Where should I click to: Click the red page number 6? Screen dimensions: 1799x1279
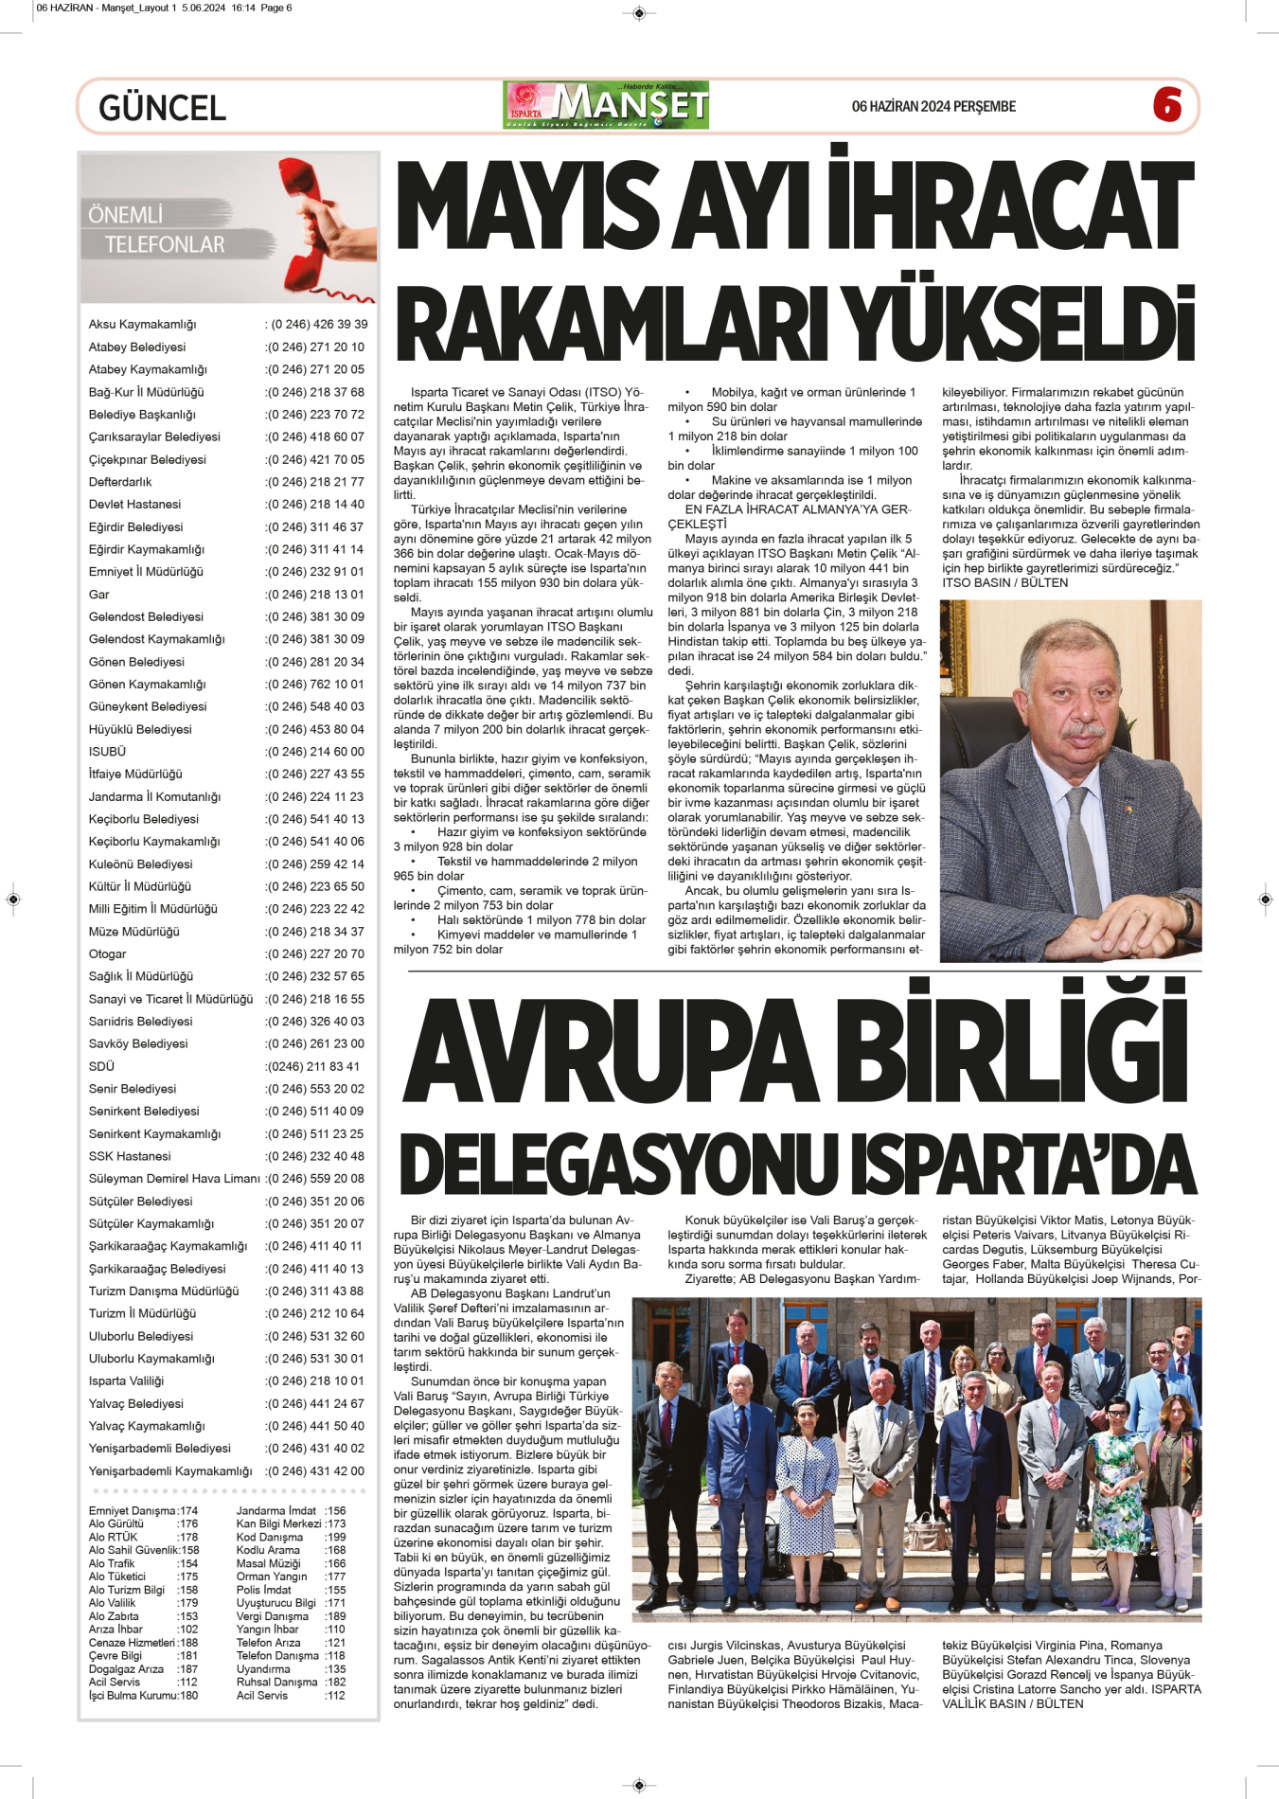point(1167,105)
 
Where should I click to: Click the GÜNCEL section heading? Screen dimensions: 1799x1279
point(162,108)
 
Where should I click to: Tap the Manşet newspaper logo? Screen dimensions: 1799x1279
point(606,105)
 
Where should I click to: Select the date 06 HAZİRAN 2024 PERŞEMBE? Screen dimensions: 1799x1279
point(933,106)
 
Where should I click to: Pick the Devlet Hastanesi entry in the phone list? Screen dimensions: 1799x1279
point(134,505)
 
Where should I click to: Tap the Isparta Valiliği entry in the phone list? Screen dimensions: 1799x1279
point(126,1381)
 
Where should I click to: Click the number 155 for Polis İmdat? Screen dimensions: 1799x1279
point(335,1590)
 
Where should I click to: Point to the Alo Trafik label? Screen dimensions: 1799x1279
point(112,1564)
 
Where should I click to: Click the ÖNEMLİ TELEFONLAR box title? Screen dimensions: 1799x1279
point(156,229)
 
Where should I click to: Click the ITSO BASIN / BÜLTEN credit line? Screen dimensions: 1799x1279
point(1004,582)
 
